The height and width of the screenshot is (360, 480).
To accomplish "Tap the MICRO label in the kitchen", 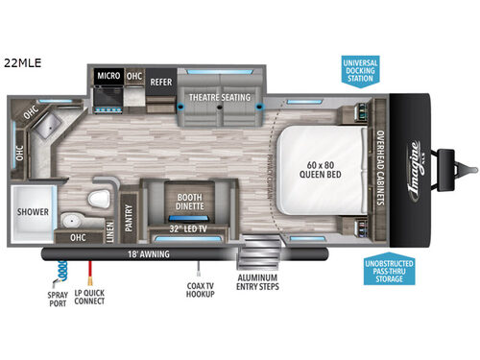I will [x=107, y=73].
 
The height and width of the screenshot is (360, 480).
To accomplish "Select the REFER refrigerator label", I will [x=160, y=82].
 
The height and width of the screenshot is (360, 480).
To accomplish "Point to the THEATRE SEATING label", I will [x=219, y=97].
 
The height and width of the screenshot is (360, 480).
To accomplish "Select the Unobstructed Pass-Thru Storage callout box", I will [x=390, y=272].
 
